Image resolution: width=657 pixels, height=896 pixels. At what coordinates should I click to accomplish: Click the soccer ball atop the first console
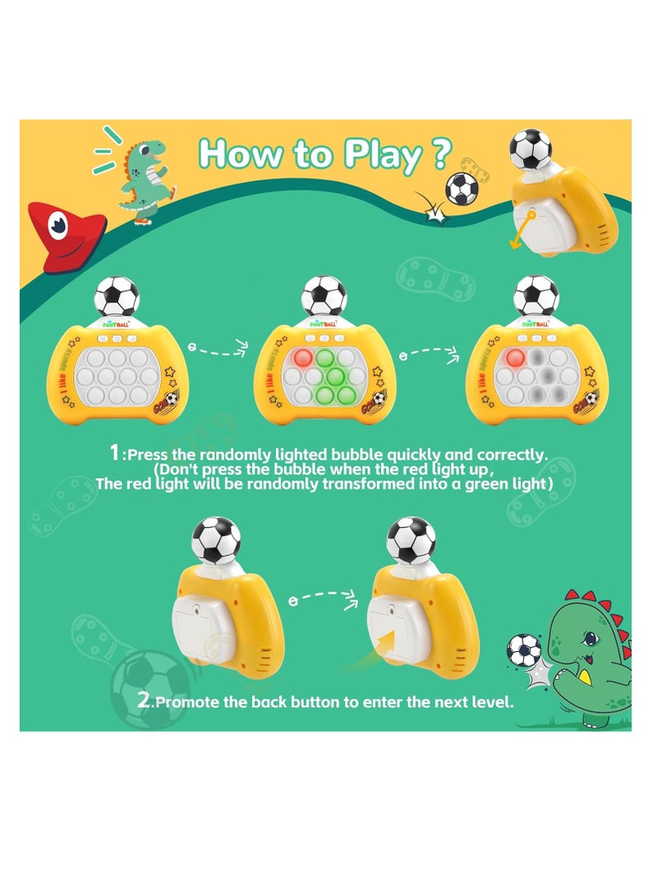[x=117, y=297]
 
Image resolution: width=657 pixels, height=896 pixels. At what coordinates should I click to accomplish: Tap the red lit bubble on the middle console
[x=301, y=358]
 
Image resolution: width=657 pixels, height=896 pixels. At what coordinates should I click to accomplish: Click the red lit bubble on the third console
[x=516, y=358]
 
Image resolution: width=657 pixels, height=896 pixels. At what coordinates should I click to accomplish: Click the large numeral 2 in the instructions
[x=145, y=701]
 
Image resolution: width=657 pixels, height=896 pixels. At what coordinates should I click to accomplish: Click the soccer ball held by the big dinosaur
[x=524, y=650]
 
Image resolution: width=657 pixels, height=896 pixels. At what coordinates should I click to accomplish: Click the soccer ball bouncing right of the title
[x=462, y=188]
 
